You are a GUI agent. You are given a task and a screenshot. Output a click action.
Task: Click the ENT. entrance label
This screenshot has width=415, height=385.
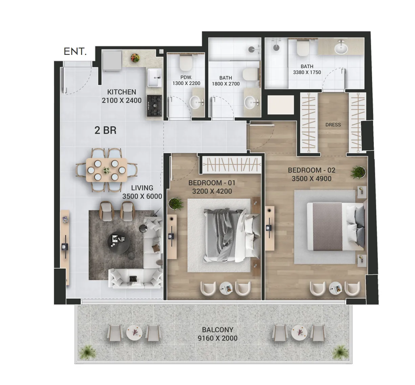[75, 51]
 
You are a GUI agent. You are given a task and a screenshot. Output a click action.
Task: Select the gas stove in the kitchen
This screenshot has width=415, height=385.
[154, 106]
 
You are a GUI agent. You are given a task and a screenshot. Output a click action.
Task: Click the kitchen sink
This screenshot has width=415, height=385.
[155, 78]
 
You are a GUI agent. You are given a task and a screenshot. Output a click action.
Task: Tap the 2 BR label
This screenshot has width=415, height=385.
[105, 130]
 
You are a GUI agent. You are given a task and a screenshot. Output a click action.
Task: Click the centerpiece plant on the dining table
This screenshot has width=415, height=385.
[107, 170]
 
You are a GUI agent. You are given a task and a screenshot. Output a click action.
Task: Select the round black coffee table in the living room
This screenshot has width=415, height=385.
[118, 242]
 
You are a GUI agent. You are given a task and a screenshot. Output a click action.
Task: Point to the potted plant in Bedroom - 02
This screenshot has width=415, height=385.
[358, 172]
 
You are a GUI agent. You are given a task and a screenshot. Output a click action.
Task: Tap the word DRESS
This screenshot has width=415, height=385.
[333, 125]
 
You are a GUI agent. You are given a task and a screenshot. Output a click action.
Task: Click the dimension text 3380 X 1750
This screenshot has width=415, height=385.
[307, 72]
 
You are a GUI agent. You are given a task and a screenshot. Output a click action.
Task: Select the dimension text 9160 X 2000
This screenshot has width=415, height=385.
[218, 338]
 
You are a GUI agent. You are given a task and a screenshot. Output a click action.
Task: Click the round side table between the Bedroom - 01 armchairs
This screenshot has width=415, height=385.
[226, 288]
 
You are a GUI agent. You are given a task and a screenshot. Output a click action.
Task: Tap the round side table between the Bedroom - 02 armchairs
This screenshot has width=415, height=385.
[335, 288]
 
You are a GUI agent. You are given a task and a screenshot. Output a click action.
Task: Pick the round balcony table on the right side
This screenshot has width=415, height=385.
[299, 333]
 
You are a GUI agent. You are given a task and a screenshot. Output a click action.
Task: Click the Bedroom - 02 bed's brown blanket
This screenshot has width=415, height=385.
[327, 227]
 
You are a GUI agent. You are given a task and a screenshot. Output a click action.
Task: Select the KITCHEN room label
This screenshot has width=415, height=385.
[122, 92]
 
